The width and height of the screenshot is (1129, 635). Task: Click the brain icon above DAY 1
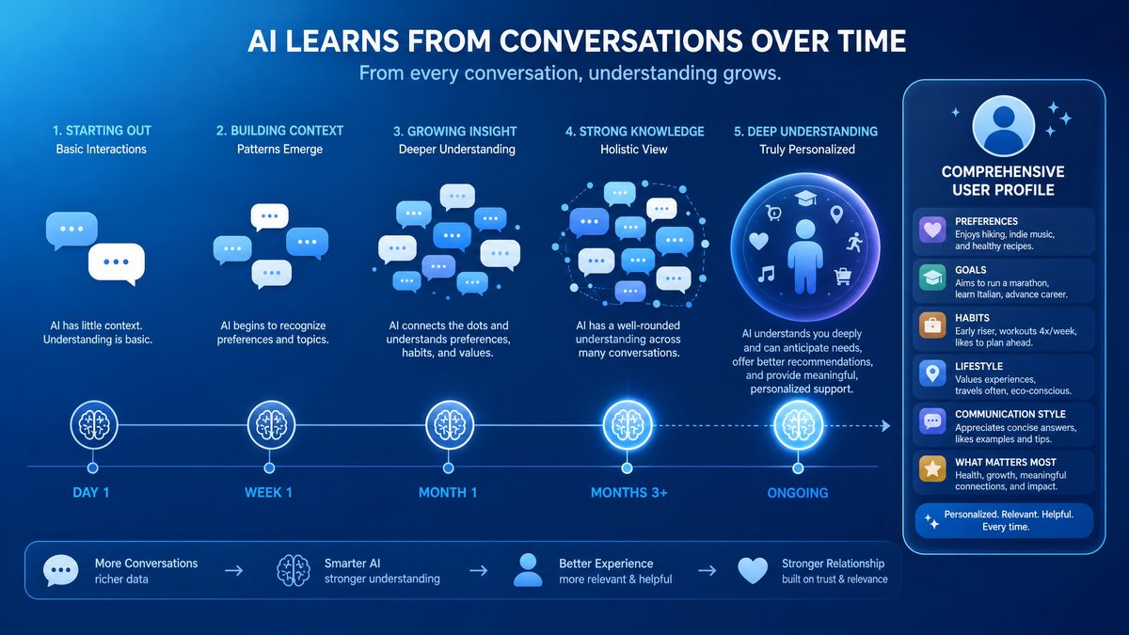pos(94,425)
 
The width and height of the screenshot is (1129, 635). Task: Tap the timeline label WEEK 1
pos(268,492)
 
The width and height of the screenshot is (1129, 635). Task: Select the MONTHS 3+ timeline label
pos(629,492)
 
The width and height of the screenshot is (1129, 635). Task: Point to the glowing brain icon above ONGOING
pos(799,425)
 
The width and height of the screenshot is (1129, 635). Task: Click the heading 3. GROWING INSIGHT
pos(454,132)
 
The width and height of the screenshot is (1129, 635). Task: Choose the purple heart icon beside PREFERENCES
pos(932,230)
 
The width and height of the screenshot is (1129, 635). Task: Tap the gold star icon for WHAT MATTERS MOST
pos(932,469)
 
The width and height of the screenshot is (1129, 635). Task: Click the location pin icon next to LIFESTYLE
pos(932,373)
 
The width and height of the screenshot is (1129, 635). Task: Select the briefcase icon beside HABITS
pos(932,325)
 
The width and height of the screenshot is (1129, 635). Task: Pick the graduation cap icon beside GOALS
pos(932,278)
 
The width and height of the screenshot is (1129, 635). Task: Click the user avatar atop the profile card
pos(1003,126)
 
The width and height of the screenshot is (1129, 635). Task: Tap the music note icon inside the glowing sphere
pos(766,274)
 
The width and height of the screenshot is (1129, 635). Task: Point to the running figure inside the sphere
pos(854,243)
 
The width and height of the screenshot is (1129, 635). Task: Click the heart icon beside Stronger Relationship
pos(753,570)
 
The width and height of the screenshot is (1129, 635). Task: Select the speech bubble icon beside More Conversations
pos(61,570)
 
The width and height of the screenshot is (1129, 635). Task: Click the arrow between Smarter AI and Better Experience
pos(478,570)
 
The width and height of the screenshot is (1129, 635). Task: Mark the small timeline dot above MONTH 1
pos(448,468)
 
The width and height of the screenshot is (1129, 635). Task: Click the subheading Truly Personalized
pos(807,150)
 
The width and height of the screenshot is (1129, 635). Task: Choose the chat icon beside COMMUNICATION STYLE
pos(932,421)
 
